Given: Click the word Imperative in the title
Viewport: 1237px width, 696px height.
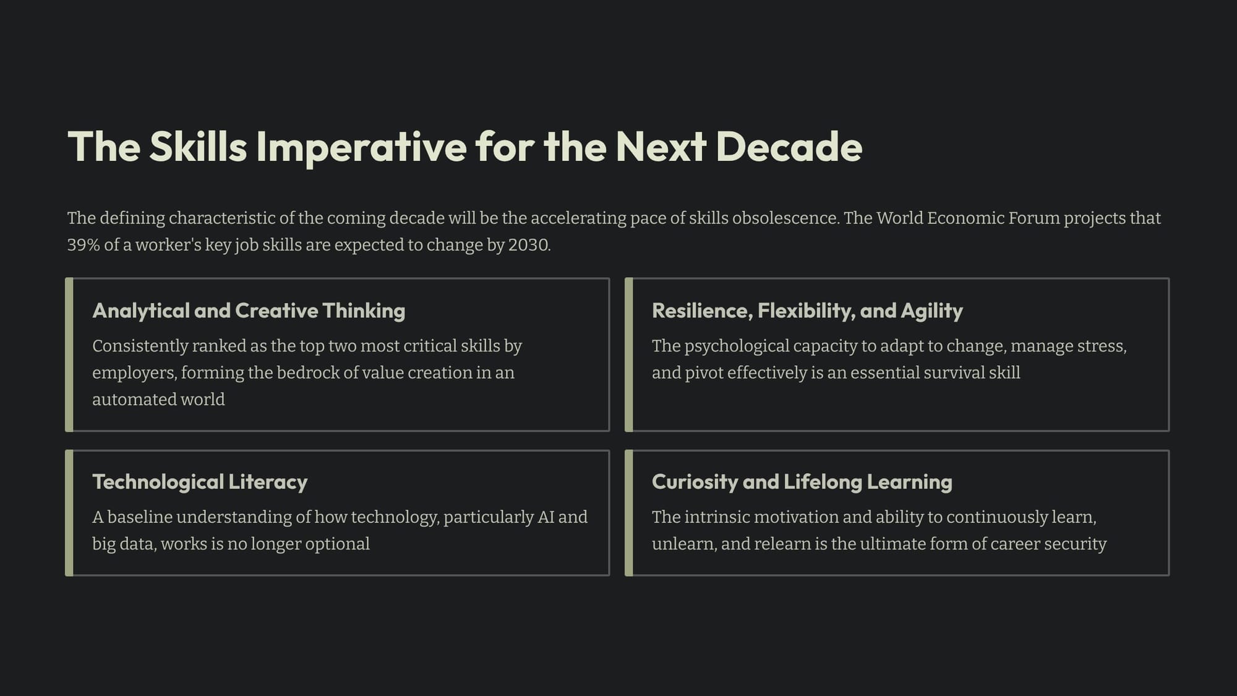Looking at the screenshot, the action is [361, 147].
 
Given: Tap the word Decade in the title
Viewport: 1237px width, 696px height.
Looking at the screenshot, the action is [789, 147].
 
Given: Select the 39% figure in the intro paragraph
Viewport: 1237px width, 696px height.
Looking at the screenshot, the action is [83, 245].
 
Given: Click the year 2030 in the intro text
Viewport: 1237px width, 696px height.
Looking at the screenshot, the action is [529, 245].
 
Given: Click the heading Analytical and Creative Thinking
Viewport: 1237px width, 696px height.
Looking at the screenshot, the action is [249, 311].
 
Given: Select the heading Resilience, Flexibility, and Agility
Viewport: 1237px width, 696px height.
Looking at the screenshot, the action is [807, 311].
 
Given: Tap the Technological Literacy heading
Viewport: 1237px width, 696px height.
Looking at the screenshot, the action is [200, 482].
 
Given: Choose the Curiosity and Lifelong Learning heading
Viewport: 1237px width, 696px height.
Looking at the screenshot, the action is [802, 482].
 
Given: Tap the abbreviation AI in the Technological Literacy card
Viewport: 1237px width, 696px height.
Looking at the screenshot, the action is [546, 517].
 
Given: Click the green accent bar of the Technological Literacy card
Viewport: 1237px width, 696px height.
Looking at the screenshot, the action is [69, 513].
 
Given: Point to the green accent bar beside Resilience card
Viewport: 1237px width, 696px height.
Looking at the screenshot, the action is [629, 354].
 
